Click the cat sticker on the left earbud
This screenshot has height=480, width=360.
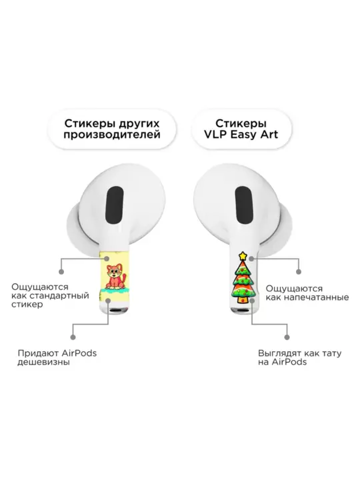click(115, 277)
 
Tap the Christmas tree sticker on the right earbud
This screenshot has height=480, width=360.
click(243, 278)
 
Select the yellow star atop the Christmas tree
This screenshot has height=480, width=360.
click(243, 255)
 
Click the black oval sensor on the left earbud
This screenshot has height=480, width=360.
click(115, 206)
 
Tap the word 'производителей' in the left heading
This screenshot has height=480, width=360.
click(112, 135)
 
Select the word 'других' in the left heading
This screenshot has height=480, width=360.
click(139, 124)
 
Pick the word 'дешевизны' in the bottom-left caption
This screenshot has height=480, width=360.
click(43, 362)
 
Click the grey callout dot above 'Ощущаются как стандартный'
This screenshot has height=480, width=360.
click(61, 271)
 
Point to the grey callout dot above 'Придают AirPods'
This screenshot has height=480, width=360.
click(73, 337)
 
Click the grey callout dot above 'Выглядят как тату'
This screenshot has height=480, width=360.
click(287, 337)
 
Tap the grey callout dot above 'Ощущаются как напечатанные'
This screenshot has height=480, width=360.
click(299, 271)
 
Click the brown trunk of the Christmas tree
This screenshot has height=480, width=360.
click(242, 300)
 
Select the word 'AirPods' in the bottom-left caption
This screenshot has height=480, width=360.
click(79, 353)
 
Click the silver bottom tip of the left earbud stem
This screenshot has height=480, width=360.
click(115, 311)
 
